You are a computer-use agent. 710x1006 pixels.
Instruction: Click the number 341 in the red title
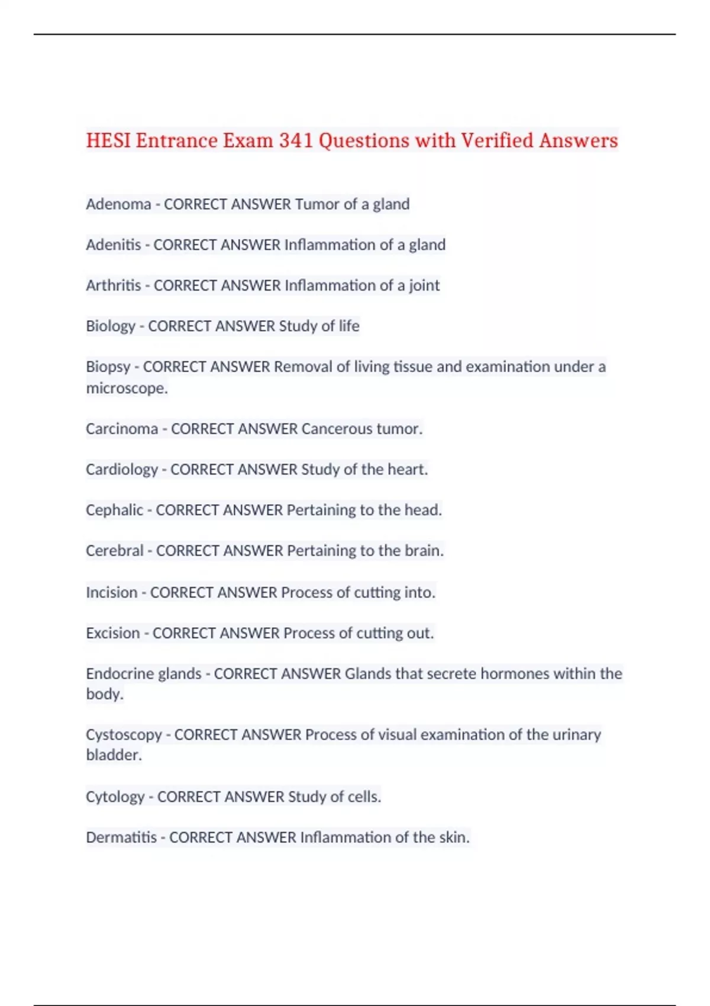click(x=296, y=141)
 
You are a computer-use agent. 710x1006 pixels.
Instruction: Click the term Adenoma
click(x=118, y=204)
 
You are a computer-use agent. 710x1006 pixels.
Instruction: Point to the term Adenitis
click(x=114, y=245)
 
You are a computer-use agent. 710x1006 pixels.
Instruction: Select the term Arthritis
click(x=114, y=286)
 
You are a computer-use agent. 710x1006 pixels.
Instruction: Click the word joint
click(x=424, y=286)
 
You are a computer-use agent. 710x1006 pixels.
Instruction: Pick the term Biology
click(x=111, y=326)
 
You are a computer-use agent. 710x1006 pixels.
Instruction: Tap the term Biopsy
click(x=108, y=367)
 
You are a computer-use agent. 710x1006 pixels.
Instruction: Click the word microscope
click(x=126, y=388)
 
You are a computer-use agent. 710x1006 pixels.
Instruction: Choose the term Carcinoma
click(x=122, y=429)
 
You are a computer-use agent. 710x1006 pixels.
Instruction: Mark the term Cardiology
click(x=122, y=470)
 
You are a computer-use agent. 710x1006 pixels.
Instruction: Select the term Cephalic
click(x=115, y=510)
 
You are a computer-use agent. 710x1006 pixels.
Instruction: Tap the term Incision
click(x=112, y=592)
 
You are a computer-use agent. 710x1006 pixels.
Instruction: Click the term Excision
click(x=113, y=633)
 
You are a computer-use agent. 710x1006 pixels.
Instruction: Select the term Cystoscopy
click(x=124, y=735)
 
